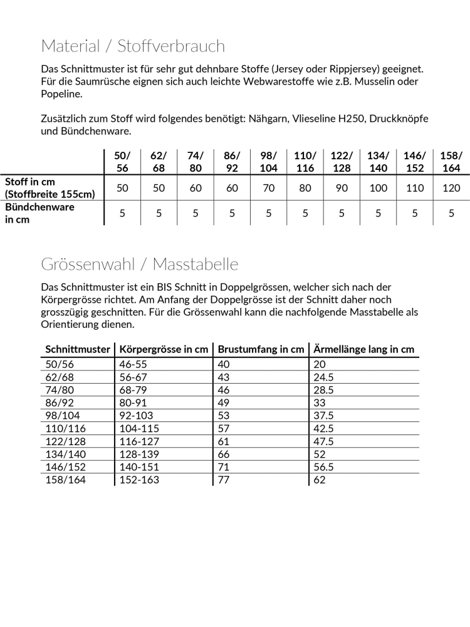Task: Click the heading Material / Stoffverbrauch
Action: (133, 46)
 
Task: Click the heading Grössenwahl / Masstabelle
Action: (140, 264)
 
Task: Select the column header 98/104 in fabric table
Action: (269, 162)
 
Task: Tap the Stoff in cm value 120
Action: (451, 188)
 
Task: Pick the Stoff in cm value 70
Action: (269, 188)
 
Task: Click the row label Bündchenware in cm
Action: (40, 213)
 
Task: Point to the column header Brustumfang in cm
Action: (260, 349)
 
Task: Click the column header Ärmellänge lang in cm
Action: (363, 349)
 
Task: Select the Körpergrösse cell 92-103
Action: (136, 415)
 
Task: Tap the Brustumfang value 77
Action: (224, 480)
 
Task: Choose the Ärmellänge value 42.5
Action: (324, 428)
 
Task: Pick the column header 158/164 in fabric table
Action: (451, 162)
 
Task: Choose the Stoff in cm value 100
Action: (378, 188)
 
